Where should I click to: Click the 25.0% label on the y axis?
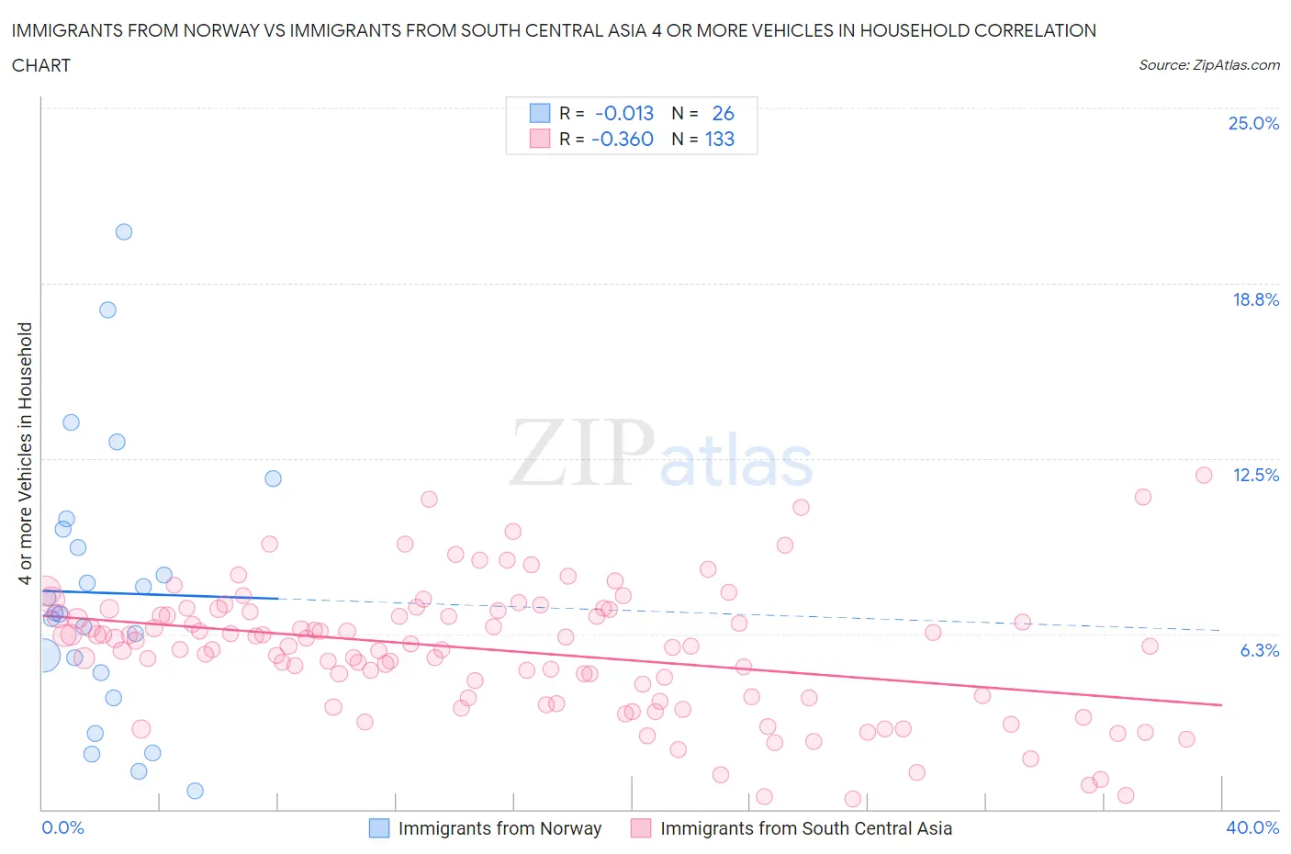click(x=1253, y=123)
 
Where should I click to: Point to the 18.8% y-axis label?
click(x=1255, y=299)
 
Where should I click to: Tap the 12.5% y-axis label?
click(x=1255, y=475)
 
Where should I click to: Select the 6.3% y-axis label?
click(x=1259, y=650)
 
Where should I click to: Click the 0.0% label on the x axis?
click(x=62, y=827)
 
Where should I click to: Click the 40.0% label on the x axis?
click(x=1252, y=827)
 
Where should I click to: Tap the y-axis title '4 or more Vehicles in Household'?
click(x=26, y=453)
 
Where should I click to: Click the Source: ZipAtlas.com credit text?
click(x=1208, y=65)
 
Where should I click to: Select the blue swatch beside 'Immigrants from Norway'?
click(x=379, y=828)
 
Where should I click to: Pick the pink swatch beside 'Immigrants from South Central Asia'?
click(x=641, y=828)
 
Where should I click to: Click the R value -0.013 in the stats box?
click(x=624, y=113)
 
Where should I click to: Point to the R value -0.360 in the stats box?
click(x=623, y=139)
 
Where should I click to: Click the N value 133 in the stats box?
click(x=720, y=139)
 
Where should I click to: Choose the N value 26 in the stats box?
click(x=723, y=113)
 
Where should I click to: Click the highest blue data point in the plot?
click(x=124, y=231)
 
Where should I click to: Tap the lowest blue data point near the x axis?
click(x=195, y=791)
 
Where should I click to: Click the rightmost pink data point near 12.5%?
click(x=1204, y=475)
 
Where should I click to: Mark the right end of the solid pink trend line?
click(x=1221, y=704)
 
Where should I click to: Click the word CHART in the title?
click(x=41, y=65)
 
